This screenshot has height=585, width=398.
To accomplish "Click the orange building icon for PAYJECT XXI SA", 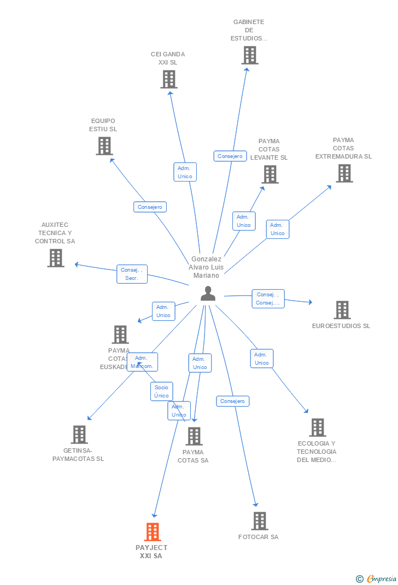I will (153, 531).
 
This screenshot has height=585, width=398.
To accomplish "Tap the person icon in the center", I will (208, 294).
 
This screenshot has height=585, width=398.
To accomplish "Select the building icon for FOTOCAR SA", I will (260, 521).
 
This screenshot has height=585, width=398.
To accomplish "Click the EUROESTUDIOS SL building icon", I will (342, 310).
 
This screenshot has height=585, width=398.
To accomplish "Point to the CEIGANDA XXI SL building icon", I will (169, 79).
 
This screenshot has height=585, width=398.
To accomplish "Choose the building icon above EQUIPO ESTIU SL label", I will (104, 146).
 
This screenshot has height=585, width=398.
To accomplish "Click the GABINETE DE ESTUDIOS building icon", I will (250, 55).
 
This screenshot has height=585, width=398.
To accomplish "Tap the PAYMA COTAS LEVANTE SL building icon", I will (270, 174).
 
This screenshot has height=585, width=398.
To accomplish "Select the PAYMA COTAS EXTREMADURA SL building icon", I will (344, 173).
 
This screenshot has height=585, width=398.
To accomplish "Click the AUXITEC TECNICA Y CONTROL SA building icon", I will (56, 258).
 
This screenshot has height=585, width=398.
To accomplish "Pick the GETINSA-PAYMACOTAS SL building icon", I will (79, 435).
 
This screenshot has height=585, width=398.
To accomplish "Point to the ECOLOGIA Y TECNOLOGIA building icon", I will (318, 428).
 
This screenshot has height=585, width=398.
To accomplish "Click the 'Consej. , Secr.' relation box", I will (132, 274).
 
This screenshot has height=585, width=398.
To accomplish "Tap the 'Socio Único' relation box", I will (161, 391).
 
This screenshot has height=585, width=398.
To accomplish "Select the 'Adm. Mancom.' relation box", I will (142, 362).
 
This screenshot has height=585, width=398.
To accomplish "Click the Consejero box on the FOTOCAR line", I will (232, 401).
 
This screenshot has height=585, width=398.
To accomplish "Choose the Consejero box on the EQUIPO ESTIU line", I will (150, 207).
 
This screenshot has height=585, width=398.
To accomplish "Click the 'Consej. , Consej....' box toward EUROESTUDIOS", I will (268, 299).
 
